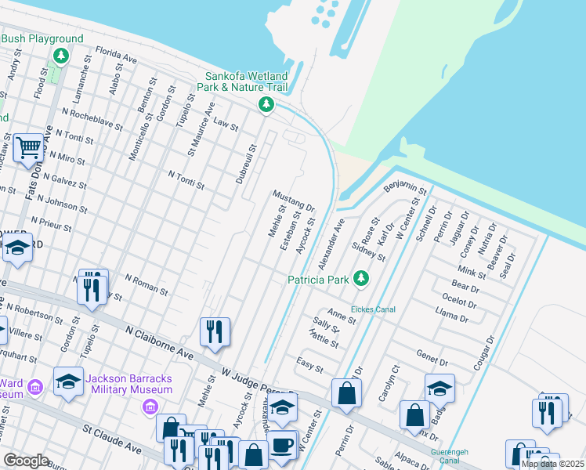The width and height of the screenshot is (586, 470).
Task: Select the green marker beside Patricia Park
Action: (360, 278)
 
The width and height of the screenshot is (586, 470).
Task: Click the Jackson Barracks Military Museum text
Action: (129, 384)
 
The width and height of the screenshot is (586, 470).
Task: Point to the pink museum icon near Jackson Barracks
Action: (150, 407)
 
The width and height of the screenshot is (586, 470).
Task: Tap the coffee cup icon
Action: (283, 445)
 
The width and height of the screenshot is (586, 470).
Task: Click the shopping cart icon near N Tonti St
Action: (28, 146)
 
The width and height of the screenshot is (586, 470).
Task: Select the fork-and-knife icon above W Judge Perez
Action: (214, 331)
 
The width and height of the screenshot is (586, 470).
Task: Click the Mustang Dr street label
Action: (293, 201)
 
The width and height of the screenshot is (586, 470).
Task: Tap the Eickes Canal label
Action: (373, 309)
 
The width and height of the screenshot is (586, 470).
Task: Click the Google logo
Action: (26, 461)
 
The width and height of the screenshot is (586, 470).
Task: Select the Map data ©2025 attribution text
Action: (552, 464)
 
